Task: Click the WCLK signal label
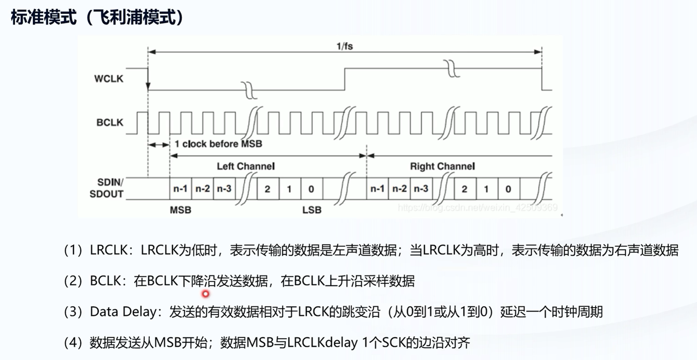[109, 79]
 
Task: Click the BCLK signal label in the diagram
[110, 122]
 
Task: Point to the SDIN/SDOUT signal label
[107, 188]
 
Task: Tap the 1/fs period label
[345, 46]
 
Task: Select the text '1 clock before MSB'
[218, 144]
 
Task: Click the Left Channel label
[246, 166]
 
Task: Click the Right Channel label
[442, 166]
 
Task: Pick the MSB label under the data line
[180, 210]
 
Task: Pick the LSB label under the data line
[312, 210]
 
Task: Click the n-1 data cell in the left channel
[180, 189]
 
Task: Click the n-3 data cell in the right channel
[421, 189]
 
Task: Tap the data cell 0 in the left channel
[311, 189]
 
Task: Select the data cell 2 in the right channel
[464, 189]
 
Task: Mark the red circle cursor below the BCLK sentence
[205, 294]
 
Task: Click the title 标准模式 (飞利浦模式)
[97, 17]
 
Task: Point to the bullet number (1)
[73, 250]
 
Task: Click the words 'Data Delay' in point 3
[123, 312]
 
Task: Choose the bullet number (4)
[73, 342]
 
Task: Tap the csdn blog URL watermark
[477, 207]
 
